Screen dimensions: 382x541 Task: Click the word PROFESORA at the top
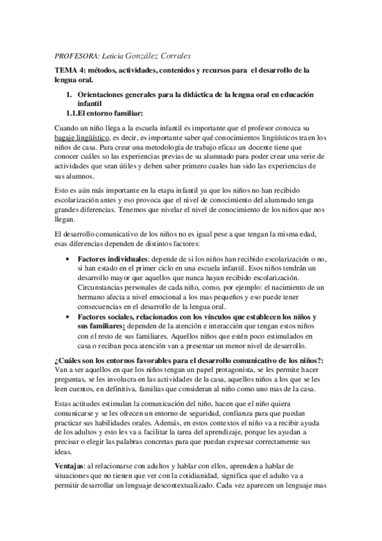tap(75, 56)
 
